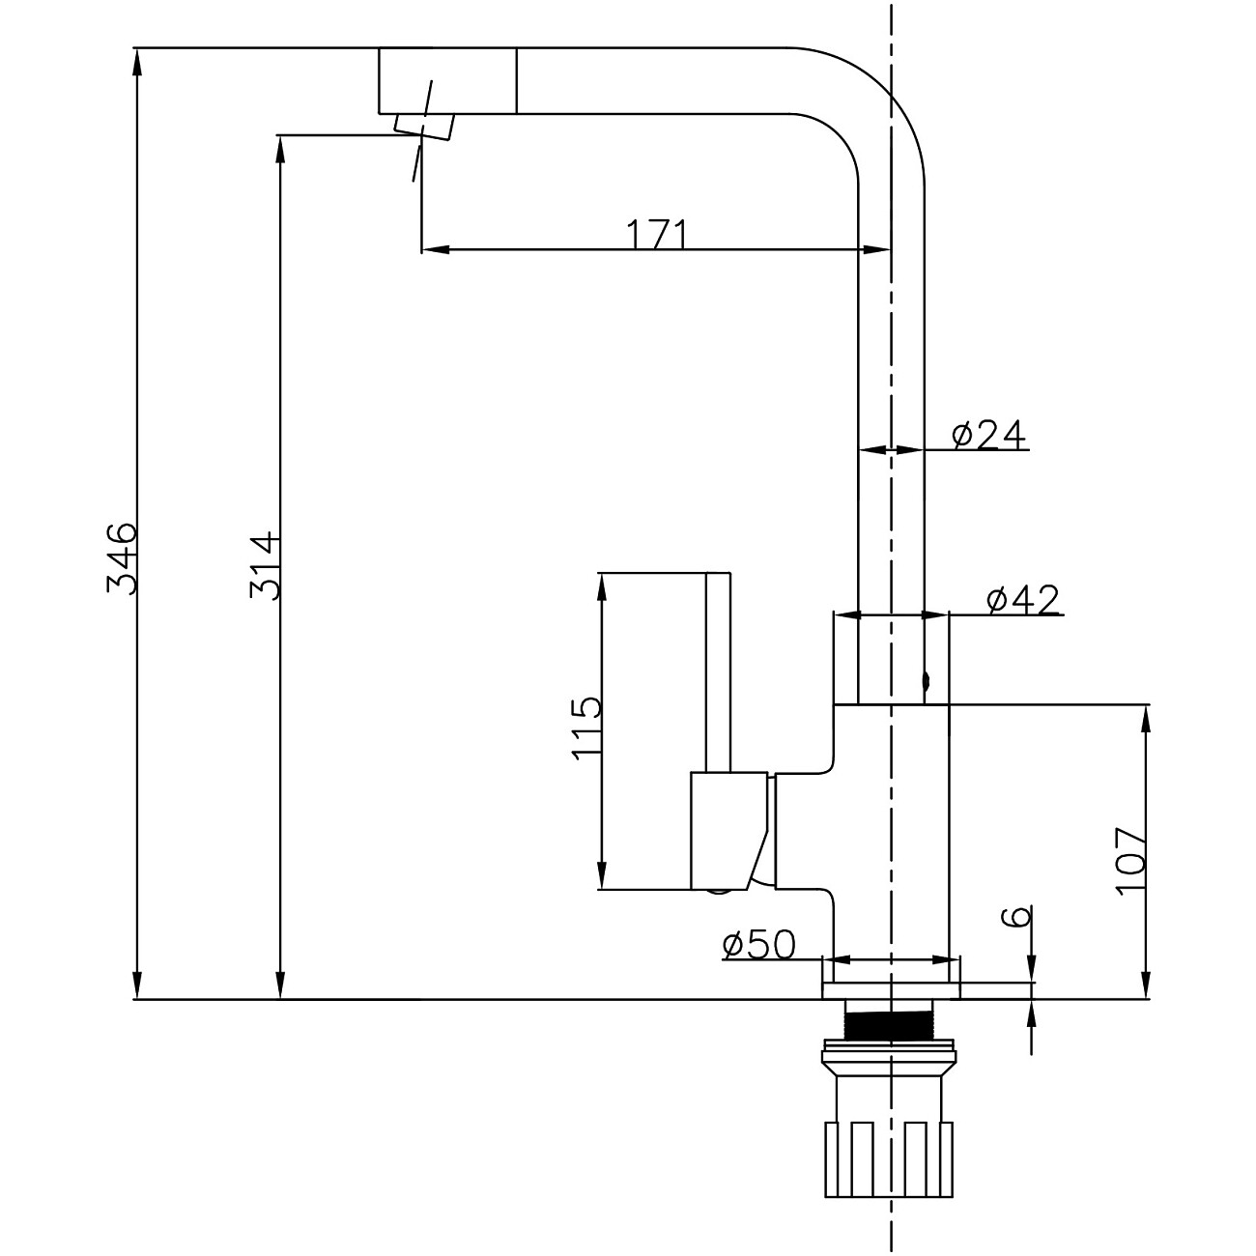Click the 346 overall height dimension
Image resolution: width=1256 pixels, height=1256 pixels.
[x=123, y=557]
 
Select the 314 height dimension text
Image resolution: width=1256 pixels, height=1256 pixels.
[x=265, y=564]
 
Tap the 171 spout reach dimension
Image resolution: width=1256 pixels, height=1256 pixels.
[x=657, y=235]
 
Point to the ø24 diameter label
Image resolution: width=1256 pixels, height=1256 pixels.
[x=987, y=436]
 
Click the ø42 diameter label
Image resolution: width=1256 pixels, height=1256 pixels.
[x=1023, y=600]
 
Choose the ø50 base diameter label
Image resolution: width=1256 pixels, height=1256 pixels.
[x=758, y=945]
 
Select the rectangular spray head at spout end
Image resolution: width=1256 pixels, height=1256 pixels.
[x=446, y=80]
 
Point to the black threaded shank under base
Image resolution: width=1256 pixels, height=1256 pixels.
[x=890, y=1020]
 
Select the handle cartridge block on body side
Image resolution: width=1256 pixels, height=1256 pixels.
[x=728, y=831]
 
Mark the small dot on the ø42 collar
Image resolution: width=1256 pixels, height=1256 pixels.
[x=926, y=682]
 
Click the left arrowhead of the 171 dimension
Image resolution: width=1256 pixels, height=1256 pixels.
[x=435, y=251]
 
